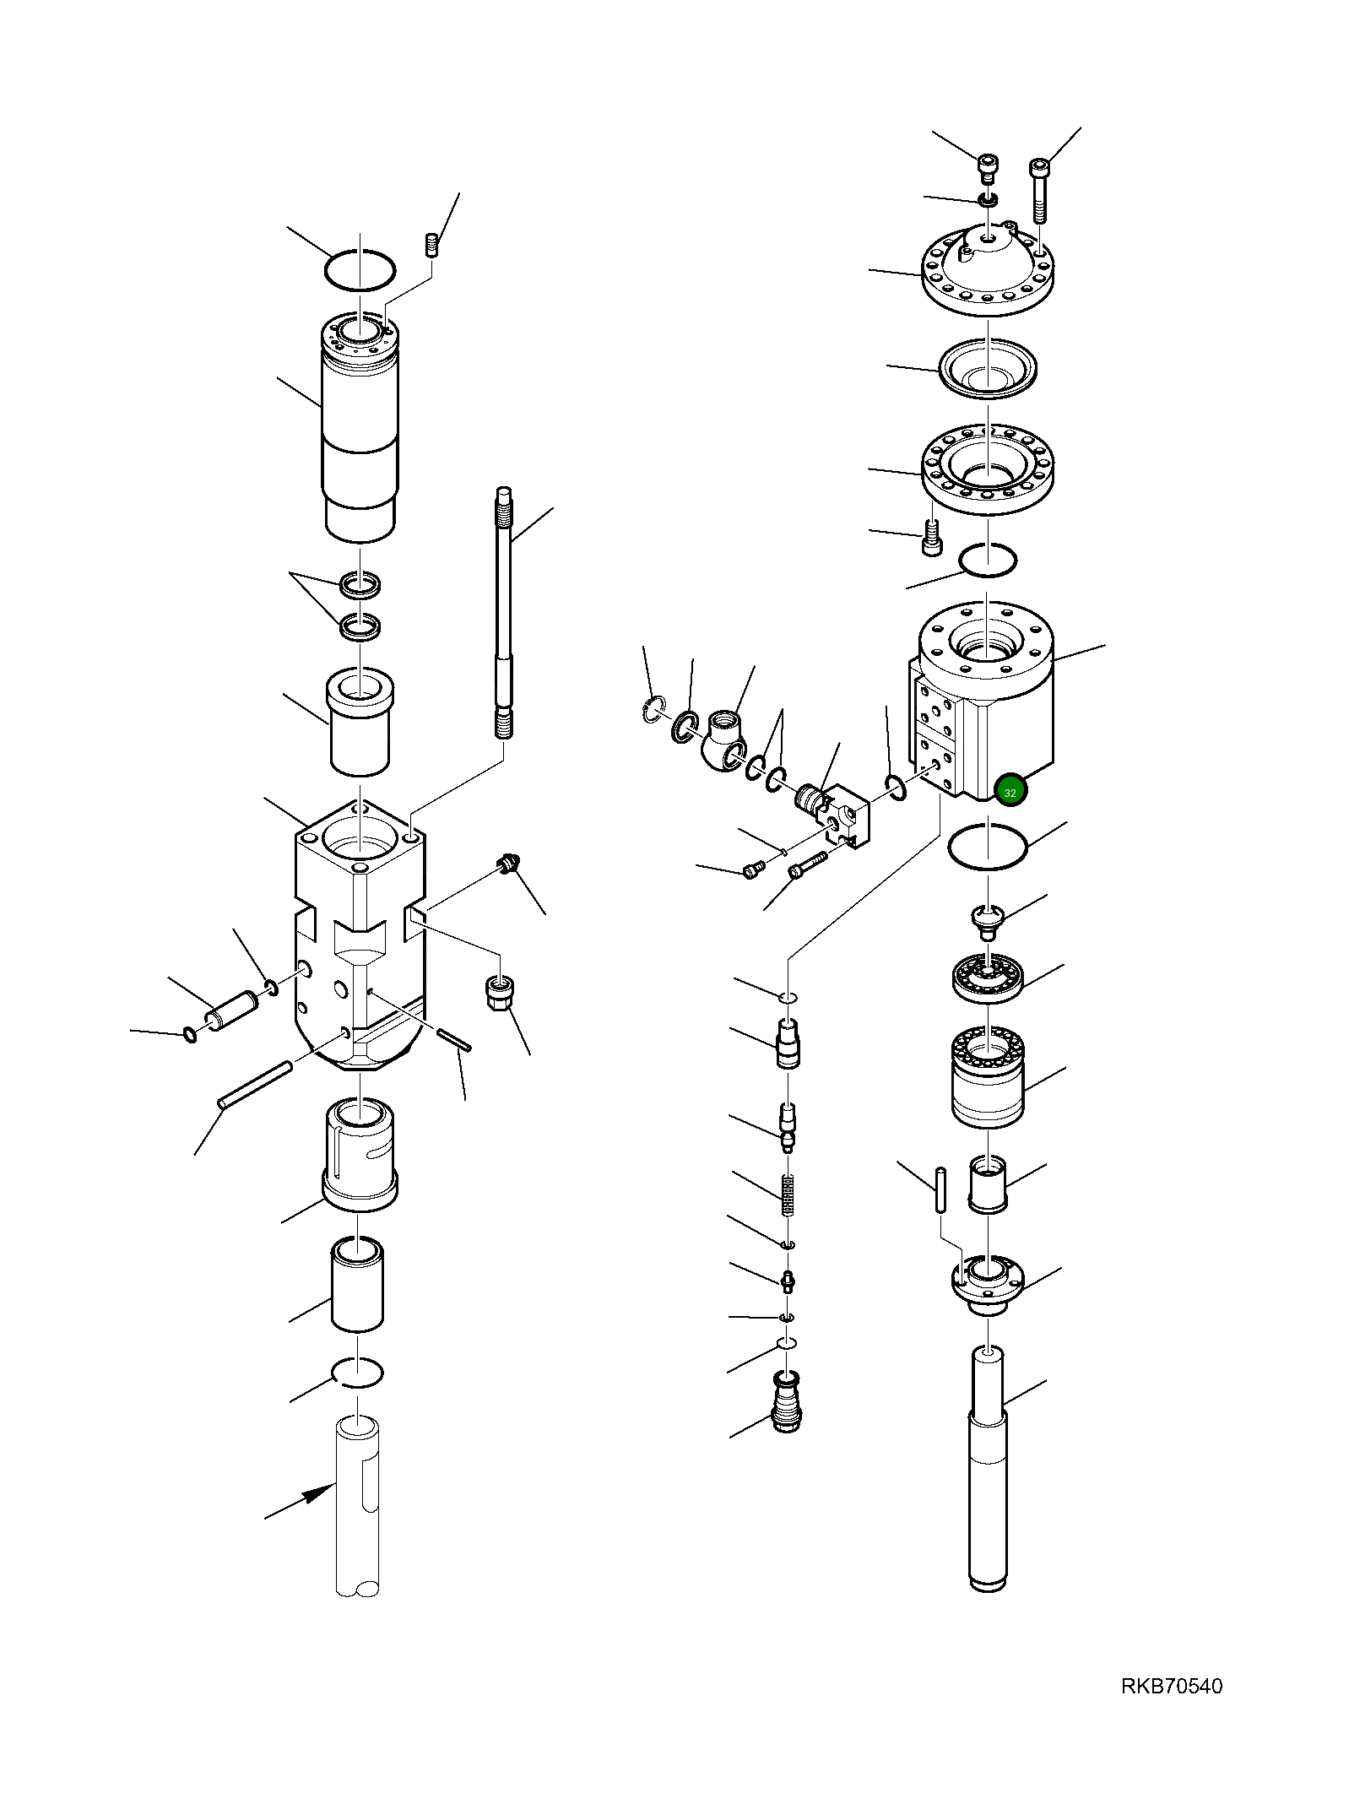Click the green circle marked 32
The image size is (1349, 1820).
pos(1010,792)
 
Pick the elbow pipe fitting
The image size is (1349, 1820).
pos(721,738)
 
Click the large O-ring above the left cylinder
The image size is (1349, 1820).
pos(360,269)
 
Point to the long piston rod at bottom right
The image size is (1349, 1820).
pos(988,1469)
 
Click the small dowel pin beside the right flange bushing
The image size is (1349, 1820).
pos(940,1189)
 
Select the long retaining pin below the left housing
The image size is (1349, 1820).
pos(255,1085)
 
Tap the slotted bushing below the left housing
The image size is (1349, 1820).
pos(360,1154)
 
